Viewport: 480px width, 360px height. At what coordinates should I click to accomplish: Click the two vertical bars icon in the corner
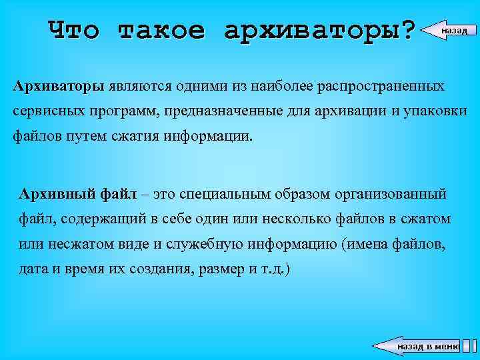tap(469, 345)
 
